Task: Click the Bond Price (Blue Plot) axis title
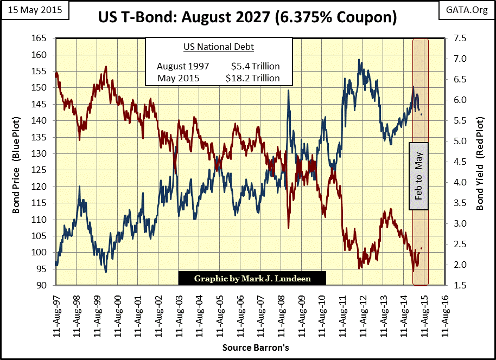pos(18,162)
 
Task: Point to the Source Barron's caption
pos(247,348)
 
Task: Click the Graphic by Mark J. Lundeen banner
pos(252,279)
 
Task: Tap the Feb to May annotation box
pos(418,176)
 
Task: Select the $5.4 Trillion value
pos(256,66)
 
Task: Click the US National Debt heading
pos(218,47)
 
